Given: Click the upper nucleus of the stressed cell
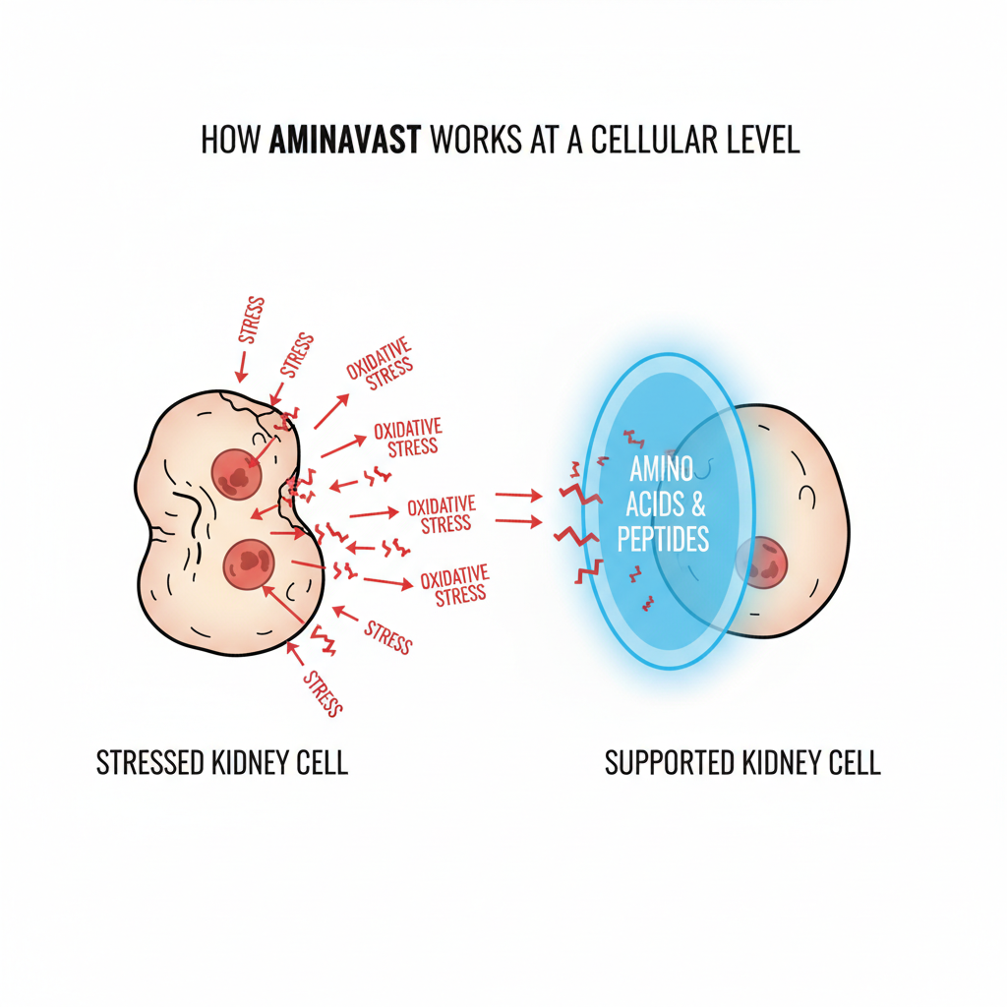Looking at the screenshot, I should tap(236, 472).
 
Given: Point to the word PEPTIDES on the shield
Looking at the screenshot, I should tap(663, 540).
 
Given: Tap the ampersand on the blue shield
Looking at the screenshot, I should tap(698, 504).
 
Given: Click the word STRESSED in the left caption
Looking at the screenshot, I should tap(150, 763).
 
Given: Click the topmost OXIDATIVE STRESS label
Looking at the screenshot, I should tap(380, 364).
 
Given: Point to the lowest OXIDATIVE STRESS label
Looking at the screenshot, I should tap(454, 585).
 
